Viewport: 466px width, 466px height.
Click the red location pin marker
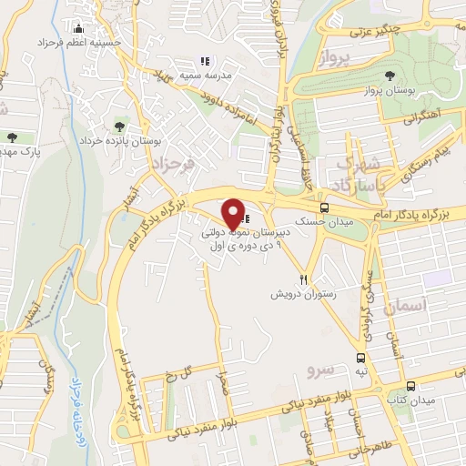(233, 214)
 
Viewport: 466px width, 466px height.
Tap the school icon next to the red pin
(248, 219)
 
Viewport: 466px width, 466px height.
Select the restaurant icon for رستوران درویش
(304, 280)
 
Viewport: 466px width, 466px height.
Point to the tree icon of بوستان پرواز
(390, 76)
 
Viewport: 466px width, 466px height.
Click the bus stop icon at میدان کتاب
(410, 385)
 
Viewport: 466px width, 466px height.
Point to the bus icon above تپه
(361, 358)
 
